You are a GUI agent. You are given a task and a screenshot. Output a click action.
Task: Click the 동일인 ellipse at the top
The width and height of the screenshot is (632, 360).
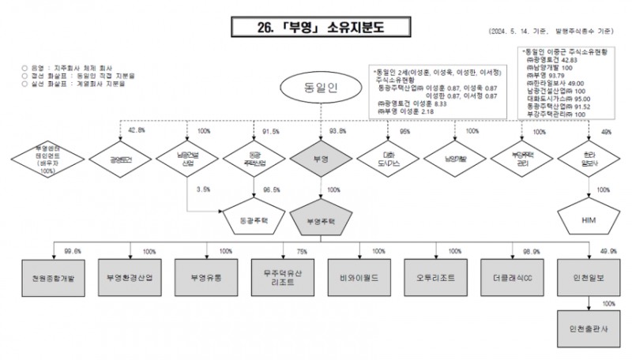pyautogui.click(x=320, y=87)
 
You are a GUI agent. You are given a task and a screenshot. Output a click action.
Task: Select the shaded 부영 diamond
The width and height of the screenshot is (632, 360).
pyautogui.click(x=320, y=159)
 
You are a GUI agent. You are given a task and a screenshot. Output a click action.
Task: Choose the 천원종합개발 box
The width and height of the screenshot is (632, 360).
pyautogui.click(x=54, y=277)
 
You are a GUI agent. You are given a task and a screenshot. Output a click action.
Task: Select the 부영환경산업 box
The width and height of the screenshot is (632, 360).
pyautogui.click(x=130, y=277)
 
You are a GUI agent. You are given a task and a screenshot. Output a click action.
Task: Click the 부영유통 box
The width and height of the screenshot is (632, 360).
pyautogui.click(x=206, y=277)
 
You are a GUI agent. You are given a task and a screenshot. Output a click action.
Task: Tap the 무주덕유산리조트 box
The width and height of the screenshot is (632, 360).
pyautogui.click(x=282, y=277)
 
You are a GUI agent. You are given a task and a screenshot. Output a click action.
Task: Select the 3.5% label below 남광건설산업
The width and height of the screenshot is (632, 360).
pyautogui.click(x=203, y=189)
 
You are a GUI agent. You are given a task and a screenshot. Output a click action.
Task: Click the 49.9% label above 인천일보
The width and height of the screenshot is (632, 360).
pyautogui.click(x=609, y=250)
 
